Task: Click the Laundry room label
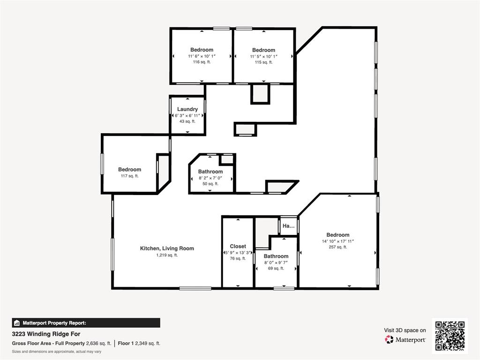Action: click(187, 109)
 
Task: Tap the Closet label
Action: click(238, 246)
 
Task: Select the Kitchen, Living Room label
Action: click(167, 248)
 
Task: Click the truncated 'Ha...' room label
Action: click(289, 225)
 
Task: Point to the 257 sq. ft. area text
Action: click(338, 247)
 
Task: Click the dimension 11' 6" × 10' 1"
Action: click(202, 56)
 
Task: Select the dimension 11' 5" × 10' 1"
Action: click(263, 56)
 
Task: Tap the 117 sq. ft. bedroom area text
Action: click(129, 176)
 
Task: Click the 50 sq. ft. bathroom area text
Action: click(210, 184)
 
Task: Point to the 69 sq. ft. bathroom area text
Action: click(276, 268)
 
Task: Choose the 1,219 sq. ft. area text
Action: click(167, 255)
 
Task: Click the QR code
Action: click(450, 336)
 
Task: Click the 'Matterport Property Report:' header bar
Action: click(86, 322)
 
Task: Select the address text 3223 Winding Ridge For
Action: click(46, 334)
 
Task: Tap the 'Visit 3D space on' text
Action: click(405, 330)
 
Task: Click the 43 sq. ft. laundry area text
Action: click(187, 121)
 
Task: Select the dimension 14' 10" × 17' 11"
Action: click(338, 241)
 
